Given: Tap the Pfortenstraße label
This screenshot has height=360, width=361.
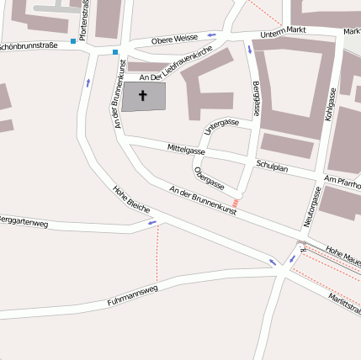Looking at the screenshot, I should pos(83,16).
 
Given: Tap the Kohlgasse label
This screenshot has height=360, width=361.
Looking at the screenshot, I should pos(331,105).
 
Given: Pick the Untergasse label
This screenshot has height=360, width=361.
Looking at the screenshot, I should pos(221,128).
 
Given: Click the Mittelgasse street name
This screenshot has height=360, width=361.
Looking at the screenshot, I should pos(186,149).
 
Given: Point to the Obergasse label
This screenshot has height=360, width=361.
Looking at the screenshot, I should pos(209,178).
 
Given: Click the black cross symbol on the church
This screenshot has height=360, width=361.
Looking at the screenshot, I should pos(142,96).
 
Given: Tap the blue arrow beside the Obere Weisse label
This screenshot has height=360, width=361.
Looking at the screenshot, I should pos(210,35).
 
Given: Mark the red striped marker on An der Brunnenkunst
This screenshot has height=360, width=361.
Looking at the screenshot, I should pos(236,203).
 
